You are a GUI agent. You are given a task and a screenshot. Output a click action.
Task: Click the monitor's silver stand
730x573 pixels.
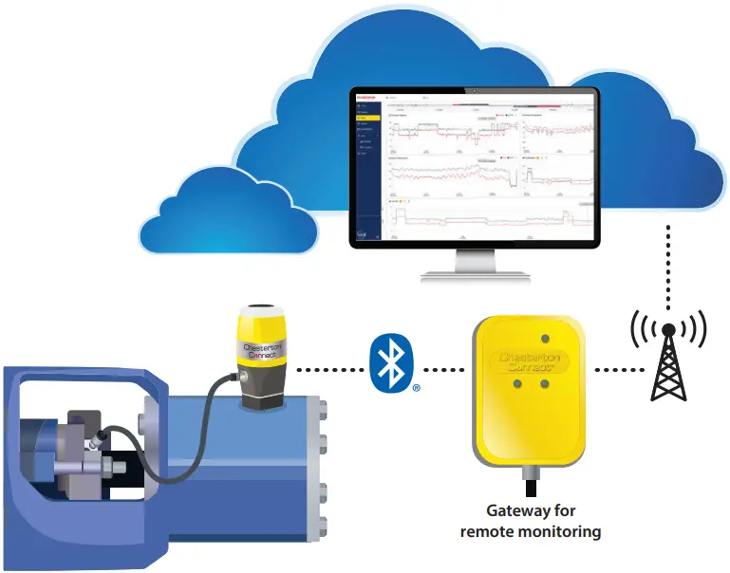[475, 266]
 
